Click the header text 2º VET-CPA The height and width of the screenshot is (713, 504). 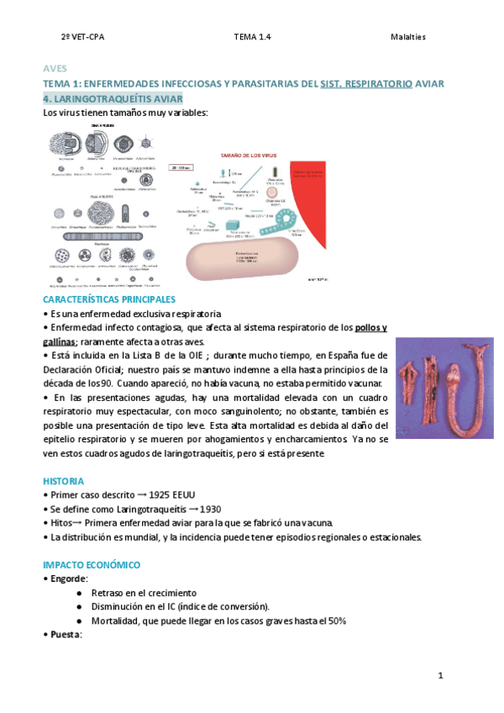(82, 37)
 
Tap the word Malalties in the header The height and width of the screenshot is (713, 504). (408, 37)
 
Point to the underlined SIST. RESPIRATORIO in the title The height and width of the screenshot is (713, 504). (367, 84)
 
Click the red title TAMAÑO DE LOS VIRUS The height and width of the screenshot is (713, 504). (248, 156)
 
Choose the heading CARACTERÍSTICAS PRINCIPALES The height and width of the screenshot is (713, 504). (109, 299)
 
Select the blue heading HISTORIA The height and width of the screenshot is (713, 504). (63, 481)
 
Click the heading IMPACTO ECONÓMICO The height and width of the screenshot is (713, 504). (92, 565)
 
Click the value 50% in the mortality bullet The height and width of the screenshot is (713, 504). (336, 621)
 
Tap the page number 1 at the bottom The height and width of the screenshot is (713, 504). (440, 676)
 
